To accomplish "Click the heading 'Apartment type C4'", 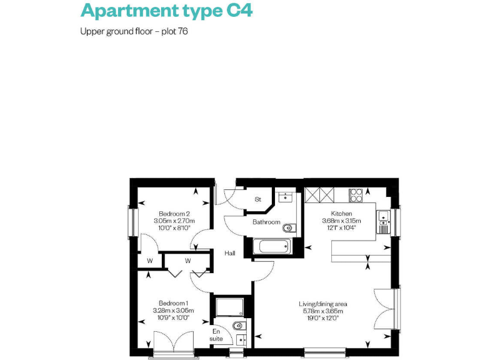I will [166, 11].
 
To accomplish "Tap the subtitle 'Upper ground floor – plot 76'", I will [134, 31].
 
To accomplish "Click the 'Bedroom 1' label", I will [174, 302].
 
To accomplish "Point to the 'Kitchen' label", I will [341, 213].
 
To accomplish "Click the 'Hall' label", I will [229, 253].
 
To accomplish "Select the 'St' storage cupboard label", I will [257, 200].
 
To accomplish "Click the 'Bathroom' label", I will [266, 222].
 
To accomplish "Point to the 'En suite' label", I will [216, 335].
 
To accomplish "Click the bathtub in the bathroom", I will [272, 246].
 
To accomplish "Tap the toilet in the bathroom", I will [289, 227].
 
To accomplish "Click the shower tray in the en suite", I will [229, 307].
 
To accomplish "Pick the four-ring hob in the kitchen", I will [357, 195].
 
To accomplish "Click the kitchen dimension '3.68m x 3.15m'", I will [341, 221].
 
